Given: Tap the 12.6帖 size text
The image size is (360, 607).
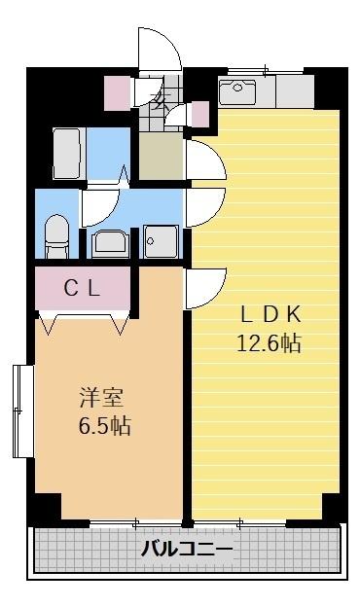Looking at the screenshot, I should pyautogui.click(x=268, y=342).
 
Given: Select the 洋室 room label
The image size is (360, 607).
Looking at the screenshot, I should pyautogui.click(x=101, y=397).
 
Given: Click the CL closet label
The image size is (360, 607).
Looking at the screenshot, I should pyautogui.click(x=83, y=287).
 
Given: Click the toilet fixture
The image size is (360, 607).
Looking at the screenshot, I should pyautogui.click(x=57, y=235).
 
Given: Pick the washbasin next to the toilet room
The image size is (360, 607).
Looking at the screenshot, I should pyautogui.click(x=109, y=242).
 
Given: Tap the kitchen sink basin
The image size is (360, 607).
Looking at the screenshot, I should pyautogui.click(x=236, y=92).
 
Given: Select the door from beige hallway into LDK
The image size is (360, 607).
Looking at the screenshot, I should pyautogui.click(x=204, y=161).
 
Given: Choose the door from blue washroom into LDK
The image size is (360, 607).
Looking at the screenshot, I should pyautogui.click(x=204, y=206).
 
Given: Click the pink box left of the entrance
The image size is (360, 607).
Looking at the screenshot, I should pyautogui.click(x=118, y=90).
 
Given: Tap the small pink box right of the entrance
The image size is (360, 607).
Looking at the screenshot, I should pyautogui.click(x=199, y=114).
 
